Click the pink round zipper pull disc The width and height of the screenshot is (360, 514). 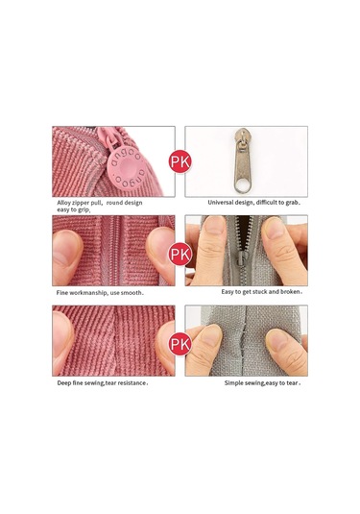pos(126,169)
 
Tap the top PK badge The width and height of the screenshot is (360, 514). pos(180,161)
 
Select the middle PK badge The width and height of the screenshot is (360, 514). pos(180,254)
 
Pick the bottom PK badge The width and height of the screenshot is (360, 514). pos(180,344)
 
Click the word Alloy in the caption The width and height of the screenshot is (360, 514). pos(64,203)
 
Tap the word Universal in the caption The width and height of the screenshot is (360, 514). pos(221,203)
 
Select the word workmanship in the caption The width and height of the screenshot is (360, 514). pos(88,293)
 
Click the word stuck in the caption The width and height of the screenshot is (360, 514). pos(259,291)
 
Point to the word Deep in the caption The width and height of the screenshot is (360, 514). pos(63,383)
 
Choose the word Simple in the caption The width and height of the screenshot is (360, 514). pos(234,383)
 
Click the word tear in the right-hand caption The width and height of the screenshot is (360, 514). pos(292,383)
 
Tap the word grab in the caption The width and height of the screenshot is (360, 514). pos(292,203)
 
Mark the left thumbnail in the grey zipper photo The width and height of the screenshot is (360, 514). pos(214,226)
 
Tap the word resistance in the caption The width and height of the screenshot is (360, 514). pos(132,383)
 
